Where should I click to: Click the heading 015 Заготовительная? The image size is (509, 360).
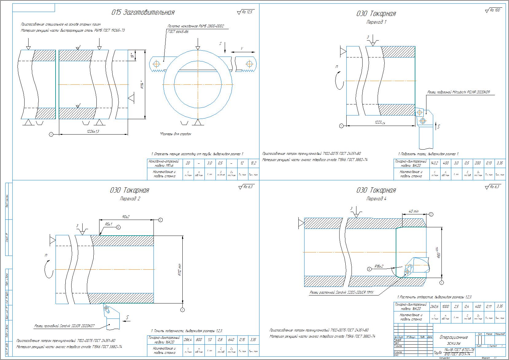click(x=143, y=13)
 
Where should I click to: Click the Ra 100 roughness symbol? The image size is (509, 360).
click(x=493, y=10)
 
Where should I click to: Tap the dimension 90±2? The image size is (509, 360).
click(x=126, y=217)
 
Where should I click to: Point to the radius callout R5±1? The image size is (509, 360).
click(x=108, y=224)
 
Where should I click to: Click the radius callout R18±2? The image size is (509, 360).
click(x=379, y=266)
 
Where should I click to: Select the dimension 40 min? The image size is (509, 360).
click(x=414, y=212)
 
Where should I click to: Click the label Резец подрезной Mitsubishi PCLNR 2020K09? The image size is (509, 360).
click(x=460, y=92)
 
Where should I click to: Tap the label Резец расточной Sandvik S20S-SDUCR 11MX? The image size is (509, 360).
click(x=342, y=293)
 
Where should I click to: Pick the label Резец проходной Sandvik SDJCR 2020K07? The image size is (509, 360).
click(x=64, y=326)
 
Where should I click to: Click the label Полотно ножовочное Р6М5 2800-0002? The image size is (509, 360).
click(x=196, y=26)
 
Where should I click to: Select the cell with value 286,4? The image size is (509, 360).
click(x=187, y=340)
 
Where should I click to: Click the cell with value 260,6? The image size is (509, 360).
click(x=434, y=306)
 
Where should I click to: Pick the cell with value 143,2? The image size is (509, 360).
click(x=434, y=163)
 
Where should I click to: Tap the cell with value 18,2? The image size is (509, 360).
click(x=254, y=163)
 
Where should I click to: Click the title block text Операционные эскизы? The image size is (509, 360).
click(x=453, y=340)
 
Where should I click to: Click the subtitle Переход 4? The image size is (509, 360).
click(x=376, y=199)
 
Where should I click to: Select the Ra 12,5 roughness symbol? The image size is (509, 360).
click(x=246, y=12)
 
